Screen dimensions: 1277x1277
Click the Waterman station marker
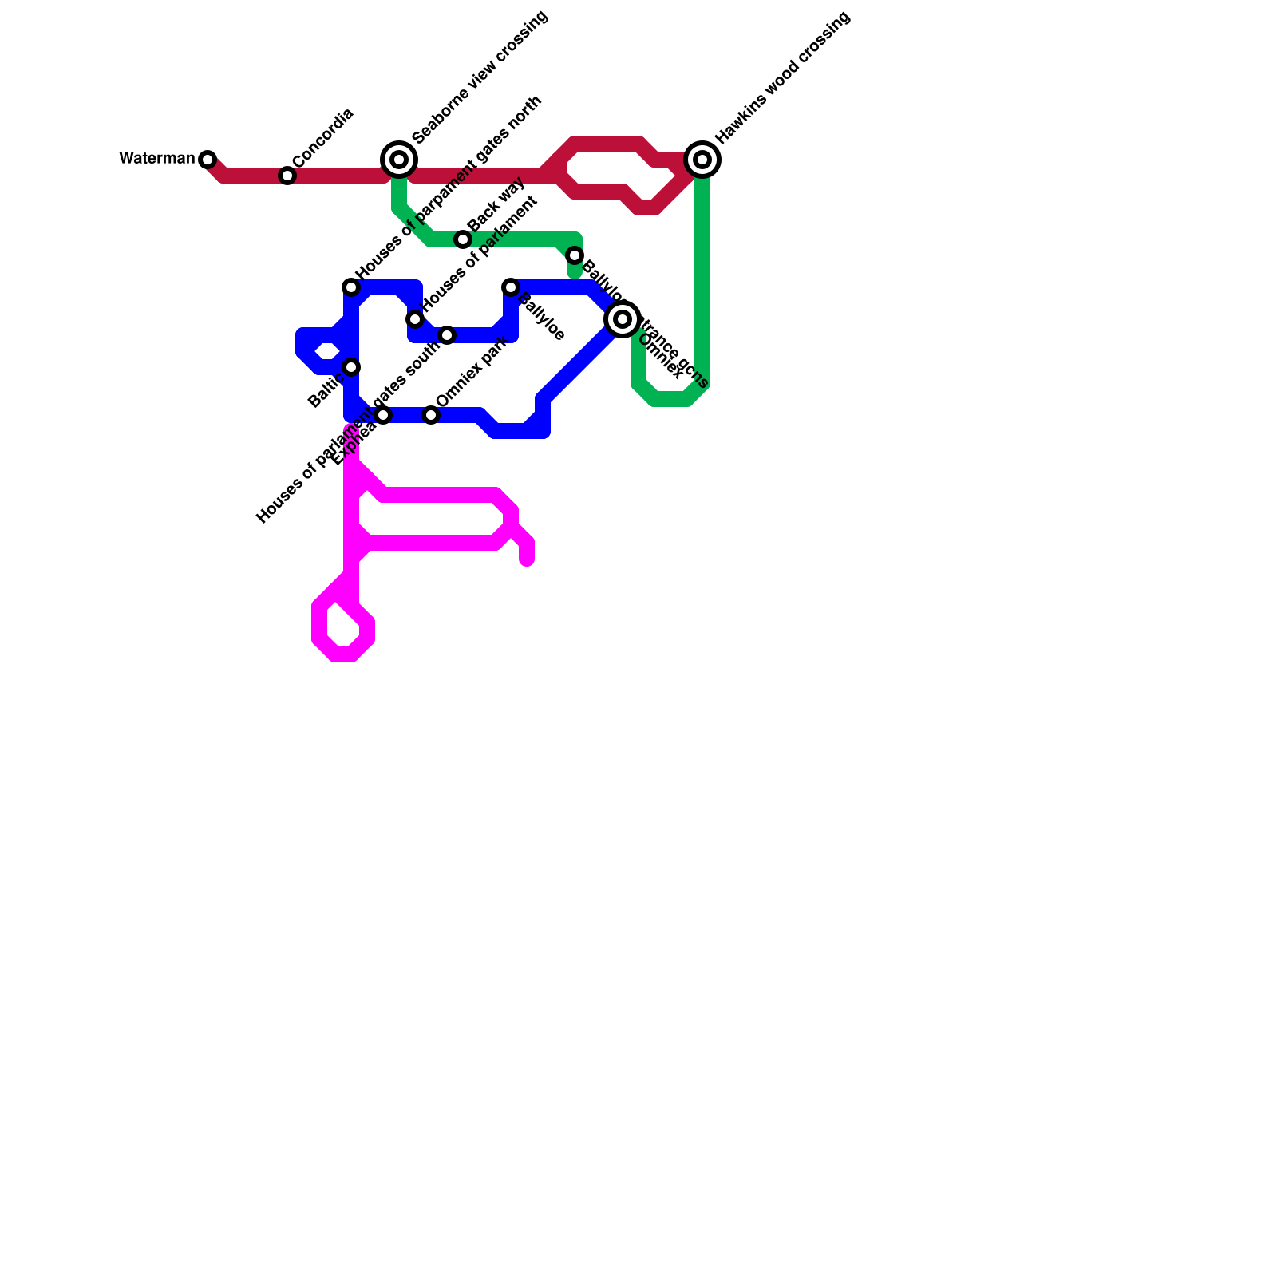(x=208, y=159)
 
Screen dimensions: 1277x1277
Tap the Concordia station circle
(x=287, y=175)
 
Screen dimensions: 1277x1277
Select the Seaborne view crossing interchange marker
(x=399, y=160)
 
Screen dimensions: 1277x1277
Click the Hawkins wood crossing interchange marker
(x=702, y=160)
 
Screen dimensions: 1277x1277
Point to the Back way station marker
(x=463, y=239)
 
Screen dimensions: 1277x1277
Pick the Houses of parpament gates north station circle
(x=351, y=287)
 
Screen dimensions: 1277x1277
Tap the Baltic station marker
(x=351, y=367)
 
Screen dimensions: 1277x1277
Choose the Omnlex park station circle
(x=431, y=415)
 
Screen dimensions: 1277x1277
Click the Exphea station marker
(x=383, y=415)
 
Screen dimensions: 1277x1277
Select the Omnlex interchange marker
(x=623, y=319)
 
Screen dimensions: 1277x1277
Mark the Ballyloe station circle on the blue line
(x=511, y=287)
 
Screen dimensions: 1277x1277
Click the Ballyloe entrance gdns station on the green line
(x=575, y=255)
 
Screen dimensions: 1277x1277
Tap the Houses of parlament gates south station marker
(x=447, y=335)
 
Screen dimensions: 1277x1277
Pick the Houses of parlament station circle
(x=415, y=319)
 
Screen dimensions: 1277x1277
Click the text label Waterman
(x=157, y=158)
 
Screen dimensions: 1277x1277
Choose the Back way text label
(x=497, y=205)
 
